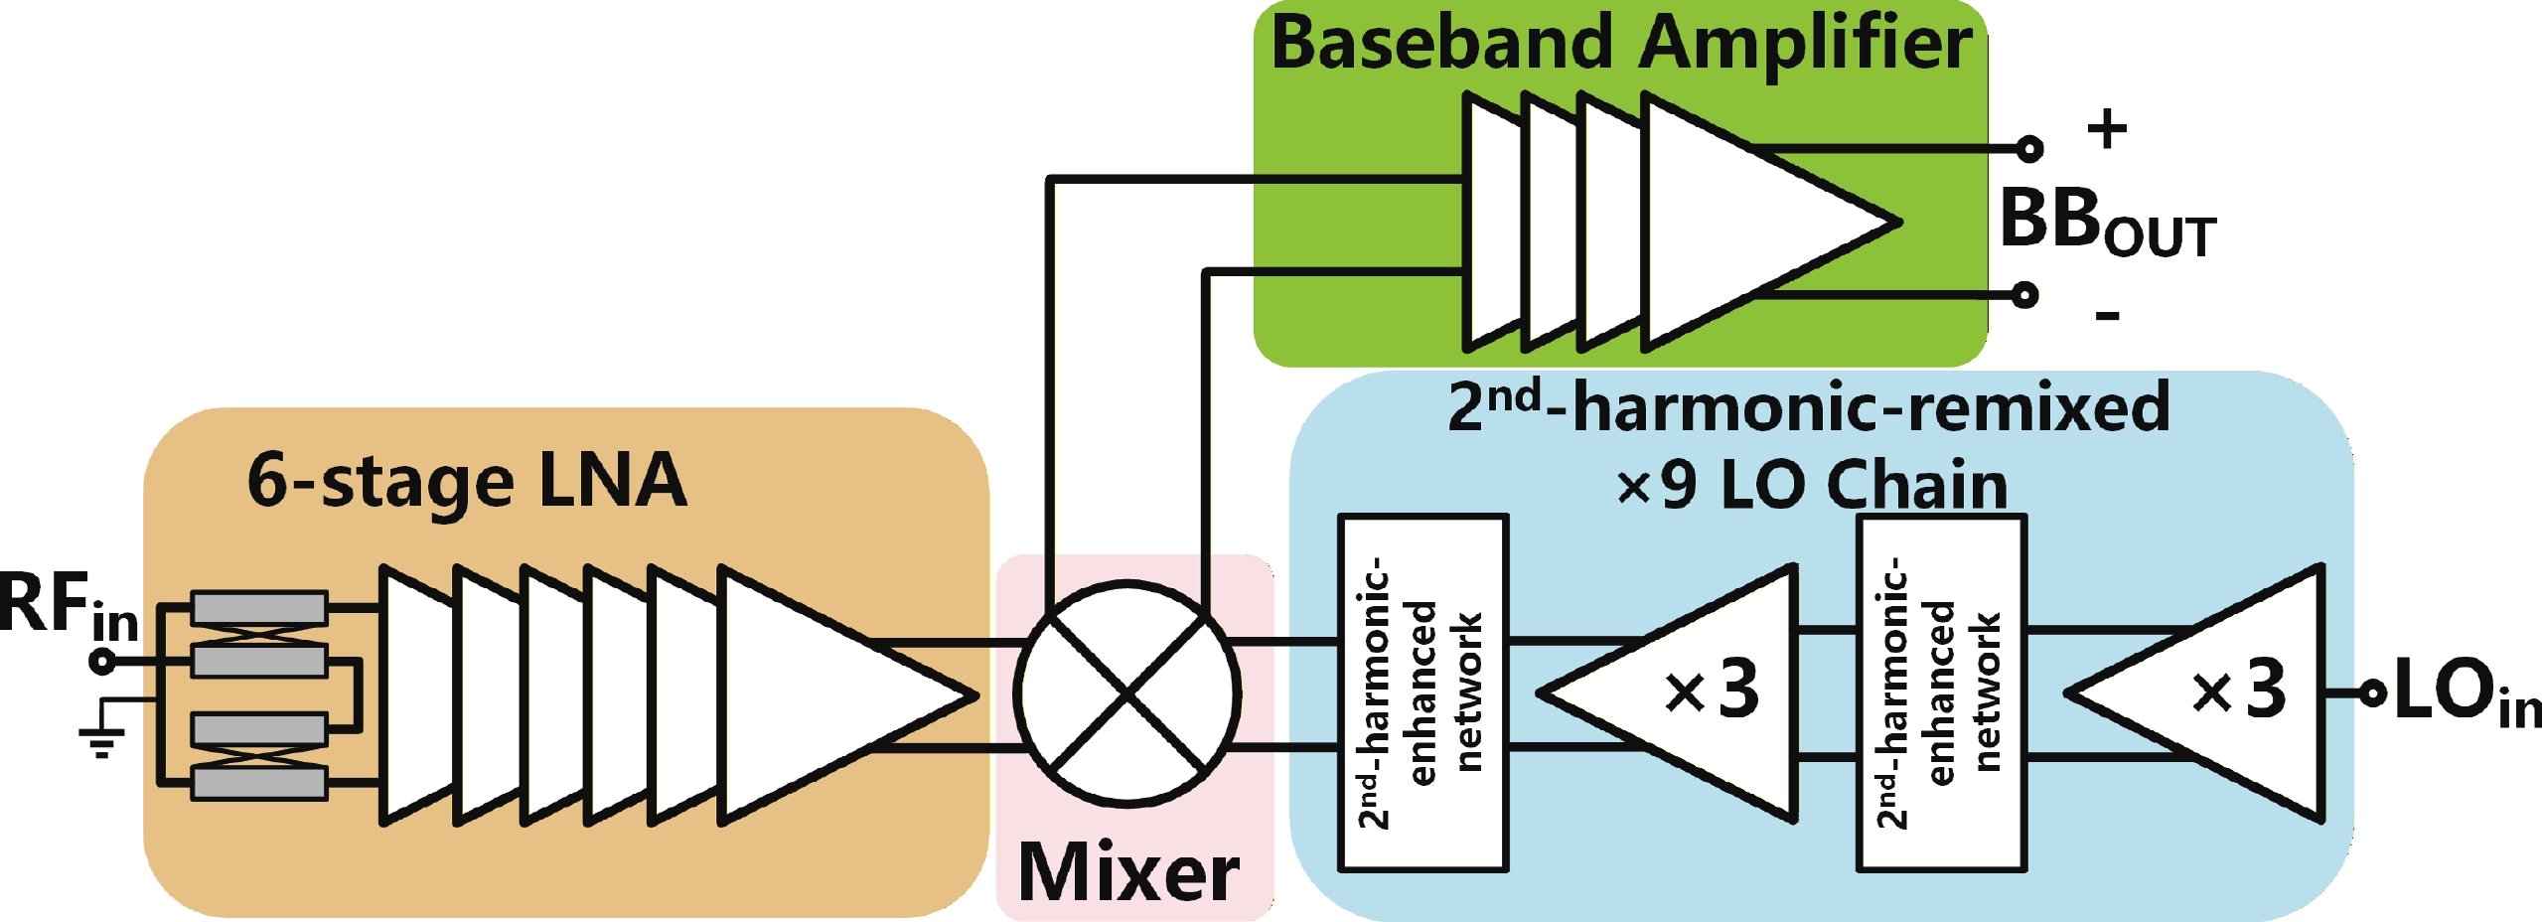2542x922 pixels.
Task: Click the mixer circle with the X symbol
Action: pos(1126,693)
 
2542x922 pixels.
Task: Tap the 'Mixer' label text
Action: pos(1128,872)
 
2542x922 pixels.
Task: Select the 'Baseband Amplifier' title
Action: pos(1621,44)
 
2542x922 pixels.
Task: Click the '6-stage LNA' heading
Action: pos(467,481)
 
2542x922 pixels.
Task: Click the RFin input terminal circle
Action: pos(102,661)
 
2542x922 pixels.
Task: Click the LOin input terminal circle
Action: pos(2372,693)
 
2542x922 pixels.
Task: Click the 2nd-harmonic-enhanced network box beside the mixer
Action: pos(1423,692)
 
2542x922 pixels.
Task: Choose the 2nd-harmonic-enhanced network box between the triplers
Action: pos(1941,692)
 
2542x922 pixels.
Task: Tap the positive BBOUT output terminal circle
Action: pos(2029,149)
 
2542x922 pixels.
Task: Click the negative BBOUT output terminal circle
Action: pos(2025,294)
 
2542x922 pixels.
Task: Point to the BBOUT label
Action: pos(2106,223)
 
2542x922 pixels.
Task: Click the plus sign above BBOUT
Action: pos(2106,129)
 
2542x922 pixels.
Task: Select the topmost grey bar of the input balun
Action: pos(258,608)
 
